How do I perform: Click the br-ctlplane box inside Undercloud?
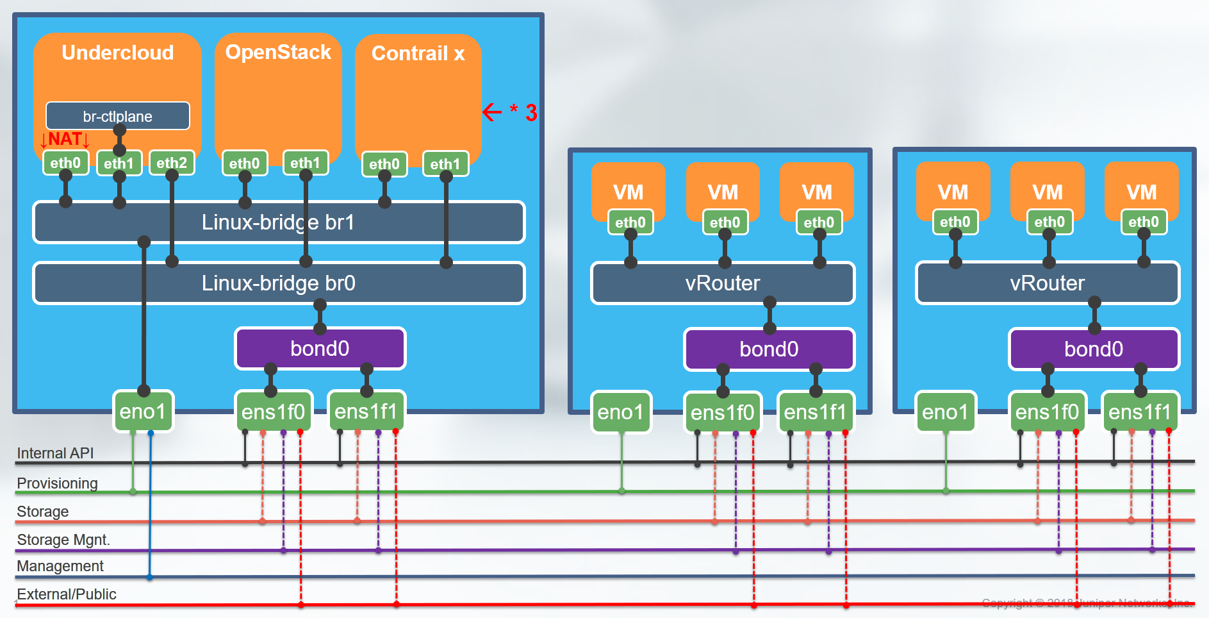(117, 116)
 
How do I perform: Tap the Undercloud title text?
(117, 53)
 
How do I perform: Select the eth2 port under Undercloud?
(172, 163)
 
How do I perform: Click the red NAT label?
(65, 139)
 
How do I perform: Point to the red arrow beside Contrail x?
(492, 112)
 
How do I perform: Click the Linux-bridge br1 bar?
(278, 222)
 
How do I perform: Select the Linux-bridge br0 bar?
(278, 283)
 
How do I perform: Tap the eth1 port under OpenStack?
(305, 163)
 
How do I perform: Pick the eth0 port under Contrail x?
(384, 164)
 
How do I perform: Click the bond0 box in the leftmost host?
(320, 349)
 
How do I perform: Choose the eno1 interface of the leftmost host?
(143, 412)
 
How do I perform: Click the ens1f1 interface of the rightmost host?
(1140, 412)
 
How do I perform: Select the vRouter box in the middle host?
(723, 283)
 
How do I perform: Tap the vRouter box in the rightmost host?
(1048, 283)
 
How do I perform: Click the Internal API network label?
(55, 453)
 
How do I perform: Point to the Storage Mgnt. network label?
(63, 540)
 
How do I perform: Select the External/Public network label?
(67, 594)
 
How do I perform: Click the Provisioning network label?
(57, 483)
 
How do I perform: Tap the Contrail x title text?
(418, 53)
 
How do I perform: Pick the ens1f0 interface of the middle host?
(722, 413)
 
